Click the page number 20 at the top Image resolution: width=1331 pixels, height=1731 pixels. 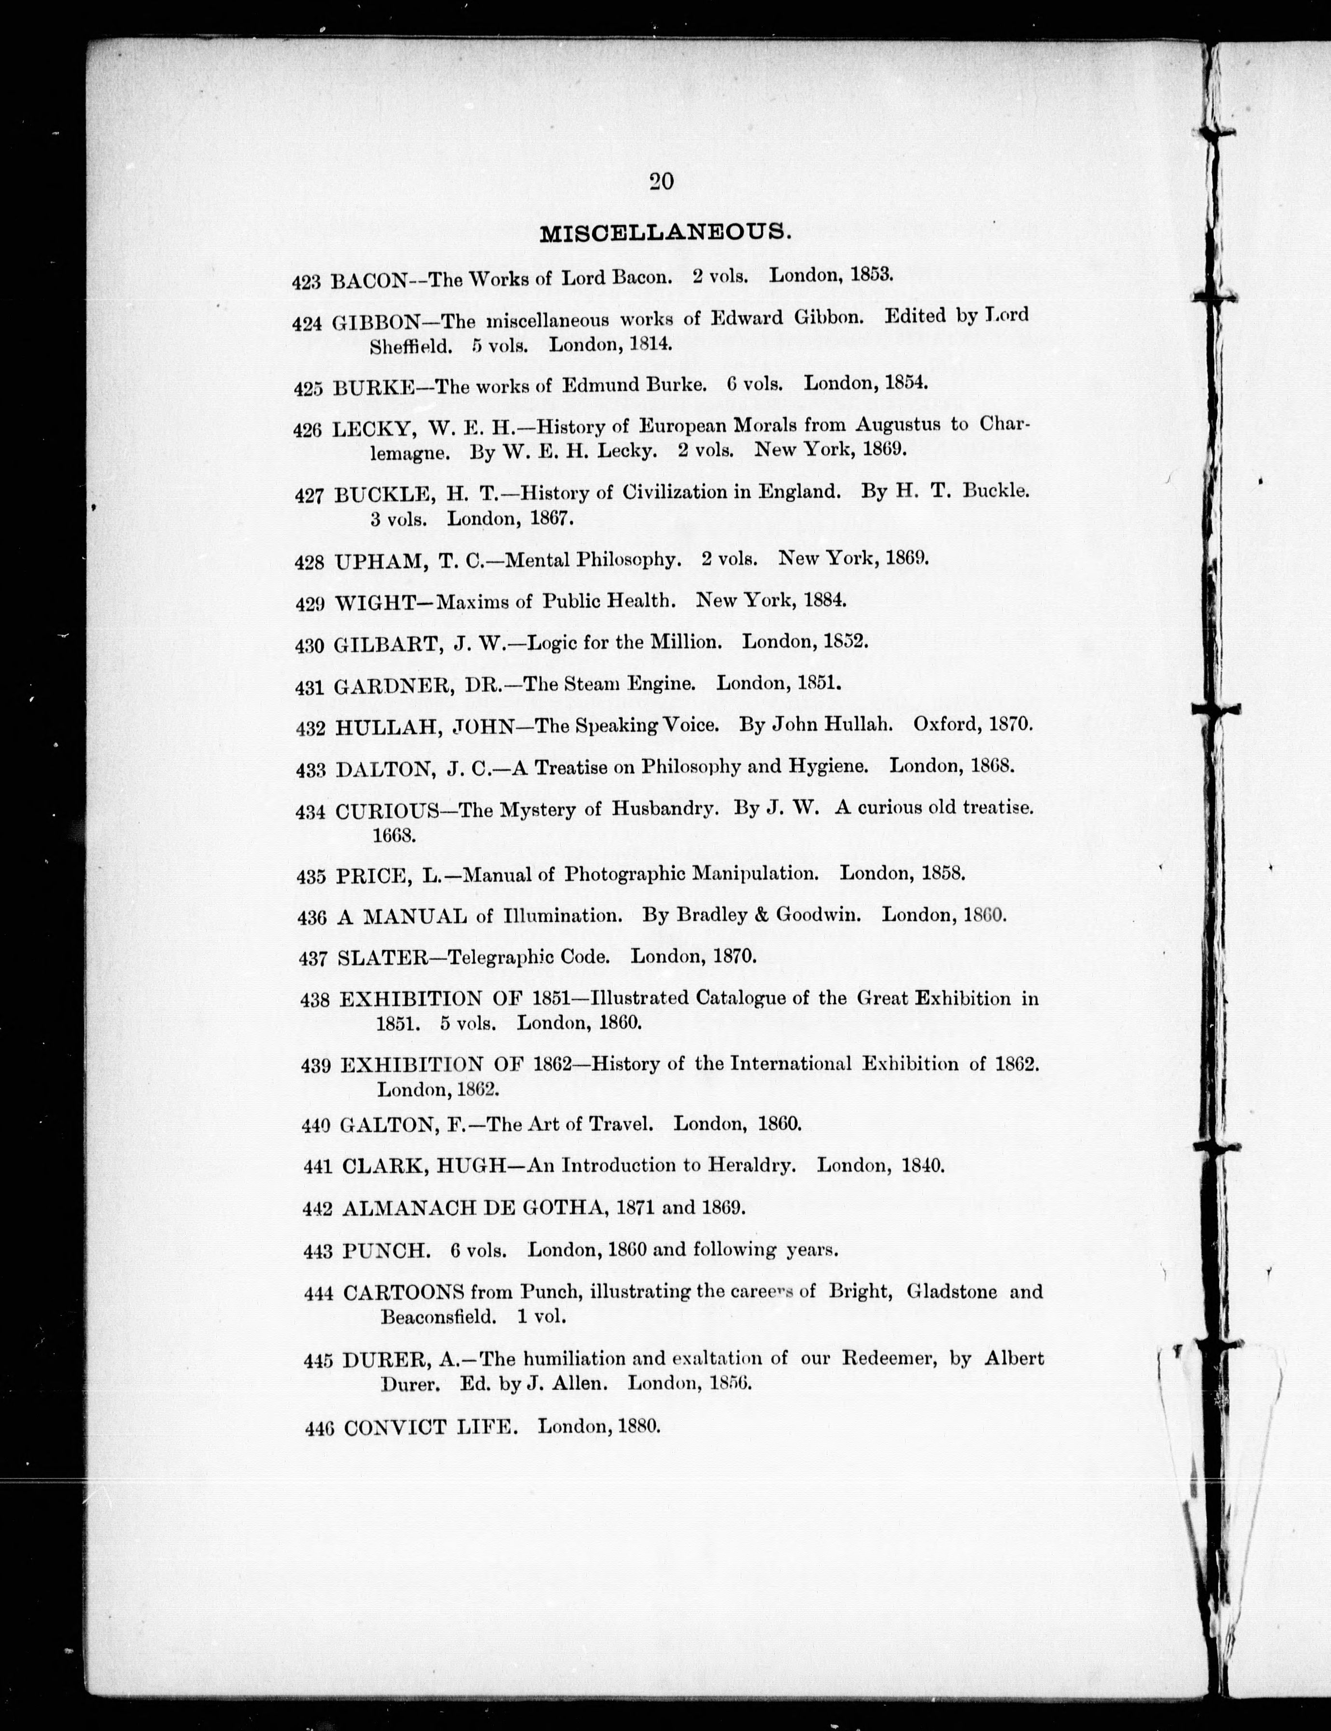click(x=661, y=182)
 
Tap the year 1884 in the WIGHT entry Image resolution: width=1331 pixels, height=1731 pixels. click(x=825, y=600)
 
